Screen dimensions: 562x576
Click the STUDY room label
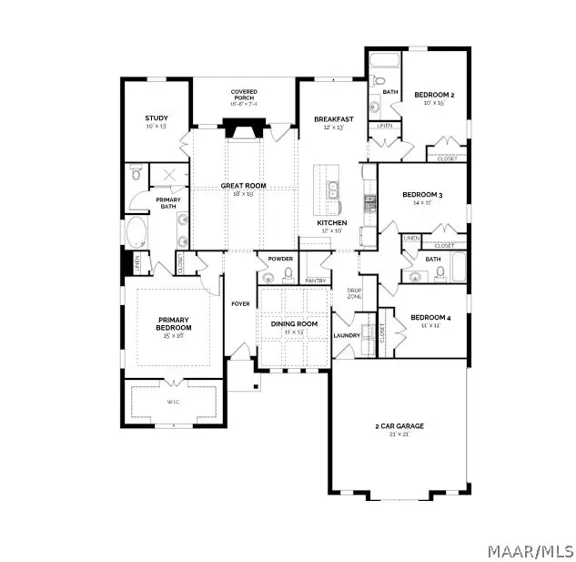tap(157, 118)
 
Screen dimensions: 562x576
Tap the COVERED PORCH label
tap(244, 93)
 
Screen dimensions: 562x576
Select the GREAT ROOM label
tap(243, 186)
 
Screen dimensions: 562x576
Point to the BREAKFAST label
tap(332, 119)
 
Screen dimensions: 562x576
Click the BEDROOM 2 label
tap(434, 95)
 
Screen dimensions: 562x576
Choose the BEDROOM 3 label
tap(421, 194)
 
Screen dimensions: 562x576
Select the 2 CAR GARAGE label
tap(399, 425)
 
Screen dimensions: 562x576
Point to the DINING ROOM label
tap(293, 324)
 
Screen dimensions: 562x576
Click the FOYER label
tap(240, 303)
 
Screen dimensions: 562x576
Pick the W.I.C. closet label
tap(173, 401)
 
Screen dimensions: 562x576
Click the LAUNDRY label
tap(347, 335)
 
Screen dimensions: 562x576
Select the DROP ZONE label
tap(355, 294)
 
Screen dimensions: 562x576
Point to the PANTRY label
tap(315, 281)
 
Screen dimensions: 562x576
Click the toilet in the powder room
tap(288, 273)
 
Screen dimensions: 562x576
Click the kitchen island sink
tap(333, 189)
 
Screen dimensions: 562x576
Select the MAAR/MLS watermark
tap(531, 550)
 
